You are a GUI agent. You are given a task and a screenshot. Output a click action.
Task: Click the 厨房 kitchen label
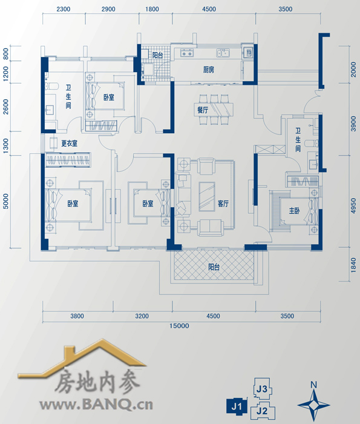pos(209,70)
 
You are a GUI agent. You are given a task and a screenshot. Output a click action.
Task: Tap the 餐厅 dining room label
pos(203,110)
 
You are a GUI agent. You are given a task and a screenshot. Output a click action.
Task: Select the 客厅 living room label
pos(223,204)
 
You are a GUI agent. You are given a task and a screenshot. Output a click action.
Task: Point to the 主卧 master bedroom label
pos(294,211)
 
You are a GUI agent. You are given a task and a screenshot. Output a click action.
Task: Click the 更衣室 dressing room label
pos(70,144)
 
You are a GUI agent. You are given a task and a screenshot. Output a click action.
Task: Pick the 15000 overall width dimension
pos(179,326)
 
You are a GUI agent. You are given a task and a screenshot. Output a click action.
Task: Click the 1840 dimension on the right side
pos(353,265)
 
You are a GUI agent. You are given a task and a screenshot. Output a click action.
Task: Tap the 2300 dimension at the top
pos(64,9)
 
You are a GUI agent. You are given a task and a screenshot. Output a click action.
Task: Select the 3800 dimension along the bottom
pos(77,316)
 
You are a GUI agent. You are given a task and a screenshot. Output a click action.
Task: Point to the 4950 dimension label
pos(353,206)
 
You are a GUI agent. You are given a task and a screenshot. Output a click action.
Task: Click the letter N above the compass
pos(313,385)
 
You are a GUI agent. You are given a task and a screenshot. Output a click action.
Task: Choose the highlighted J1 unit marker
pos(237,406)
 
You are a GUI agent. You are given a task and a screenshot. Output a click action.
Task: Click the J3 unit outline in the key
pos(262,389)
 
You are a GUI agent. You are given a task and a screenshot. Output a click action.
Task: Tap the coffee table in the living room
pos(207,196)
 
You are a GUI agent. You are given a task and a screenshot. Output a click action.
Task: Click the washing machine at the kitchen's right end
pos(249,52)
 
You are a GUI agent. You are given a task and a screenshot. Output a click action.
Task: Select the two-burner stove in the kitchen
pos(187,53)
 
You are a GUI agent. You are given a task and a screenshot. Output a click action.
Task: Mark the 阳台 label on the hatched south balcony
pos(214,267)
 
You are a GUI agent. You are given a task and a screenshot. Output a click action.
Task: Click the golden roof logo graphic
pos(82,357)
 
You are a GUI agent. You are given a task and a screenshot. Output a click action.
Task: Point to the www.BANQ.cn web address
pos(96,405)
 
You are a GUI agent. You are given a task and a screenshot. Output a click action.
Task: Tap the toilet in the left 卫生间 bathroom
pos(51,86)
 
